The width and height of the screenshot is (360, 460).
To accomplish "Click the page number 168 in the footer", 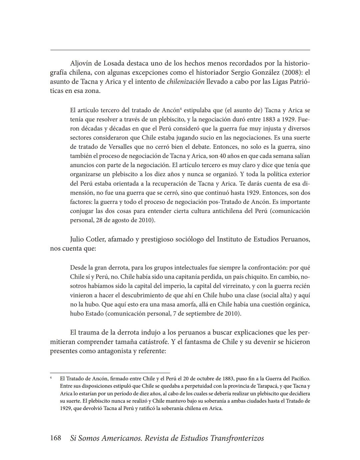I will [55, 438].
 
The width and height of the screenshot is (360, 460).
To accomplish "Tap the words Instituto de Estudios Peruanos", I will [263, 239].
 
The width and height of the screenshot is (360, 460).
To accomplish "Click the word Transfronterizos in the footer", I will [237, 438].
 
